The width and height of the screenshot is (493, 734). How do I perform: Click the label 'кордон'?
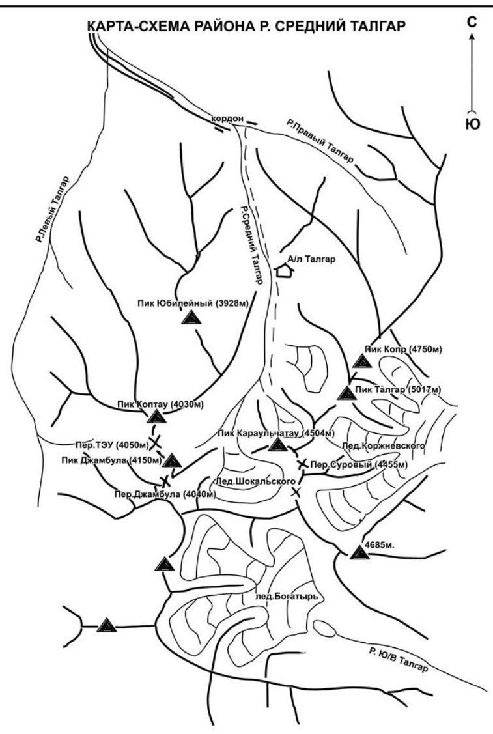pos(228,119)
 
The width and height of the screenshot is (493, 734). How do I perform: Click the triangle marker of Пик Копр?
pos(359,361)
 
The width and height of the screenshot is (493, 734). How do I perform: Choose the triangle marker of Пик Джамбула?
pos(172,461)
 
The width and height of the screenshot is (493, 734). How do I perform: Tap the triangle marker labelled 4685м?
pos(358,553)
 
